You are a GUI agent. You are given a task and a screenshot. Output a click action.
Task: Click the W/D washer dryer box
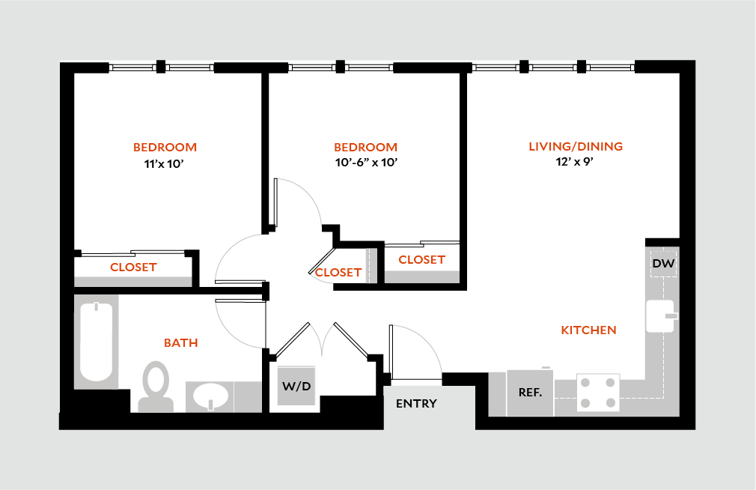pos(297,387)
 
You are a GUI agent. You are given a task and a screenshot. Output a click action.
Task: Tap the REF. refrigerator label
pos(530,392)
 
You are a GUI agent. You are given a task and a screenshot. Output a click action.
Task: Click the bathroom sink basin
pos(211,396)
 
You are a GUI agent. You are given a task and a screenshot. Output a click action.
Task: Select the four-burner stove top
pos(598,392)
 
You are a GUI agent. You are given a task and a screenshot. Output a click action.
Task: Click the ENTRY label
pos(416,404)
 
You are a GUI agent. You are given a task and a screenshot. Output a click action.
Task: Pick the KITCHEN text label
pos(588,330)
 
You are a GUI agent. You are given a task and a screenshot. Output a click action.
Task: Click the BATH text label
pos(181,343)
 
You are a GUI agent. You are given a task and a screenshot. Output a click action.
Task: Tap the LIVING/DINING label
pos(576,146)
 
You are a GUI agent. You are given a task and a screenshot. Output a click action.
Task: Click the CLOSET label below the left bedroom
pos(133,267)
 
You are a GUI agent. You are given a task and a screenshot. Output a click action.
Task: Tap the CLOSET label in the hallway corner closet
pos(338,273)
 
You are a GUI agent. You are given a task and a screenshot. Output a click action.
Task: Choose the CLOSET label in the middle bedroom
pos(421,259)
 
